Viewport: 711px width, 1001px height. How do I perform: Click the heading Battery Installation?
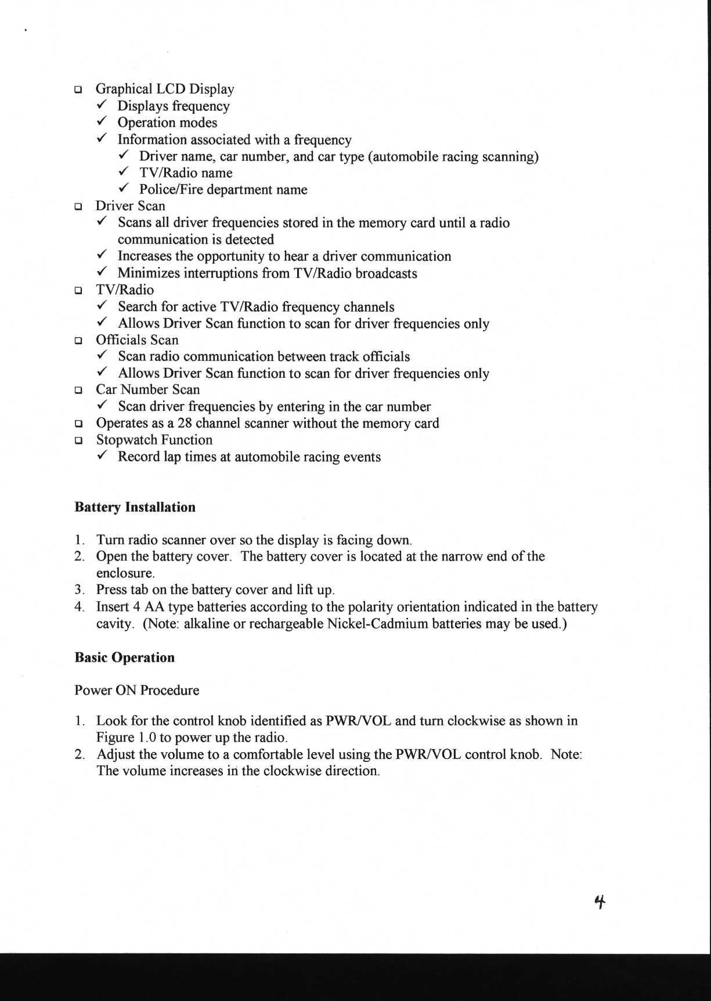point(135,507)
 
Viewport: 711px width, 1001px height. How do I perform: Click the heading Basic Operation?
point(124,657)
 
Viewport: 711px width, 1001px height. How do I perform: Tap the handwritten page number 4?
point(600,901)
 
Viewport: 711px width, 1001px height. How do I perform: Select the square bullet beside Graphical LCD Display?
point(78,90)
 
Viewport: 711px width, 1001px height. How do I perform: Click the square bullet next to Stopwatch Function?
point(78,440)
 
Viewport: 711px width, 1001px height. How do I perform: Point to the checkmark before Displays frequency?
point(101,106)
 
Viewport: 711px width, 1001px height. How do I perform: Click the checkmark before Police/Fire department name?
point(123,189)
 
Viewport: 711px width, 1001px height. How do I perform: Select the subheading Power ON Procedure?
point(136,690)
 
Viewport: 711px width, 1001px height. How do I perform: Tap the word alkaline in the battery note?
point(207,624)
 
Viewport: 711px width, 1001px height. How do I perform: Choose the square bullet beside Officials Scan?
point(78,341)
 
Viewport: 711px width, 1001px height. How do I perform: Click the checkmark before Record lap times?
point(101,457)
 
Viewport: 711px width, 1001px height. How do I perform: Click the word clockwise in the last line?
point(292,771)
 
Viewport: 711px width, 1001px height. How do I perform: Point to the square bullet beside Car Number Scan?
point(78,391)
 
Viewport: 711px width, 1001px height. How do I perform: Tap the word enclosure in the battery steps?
point(125,573)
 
